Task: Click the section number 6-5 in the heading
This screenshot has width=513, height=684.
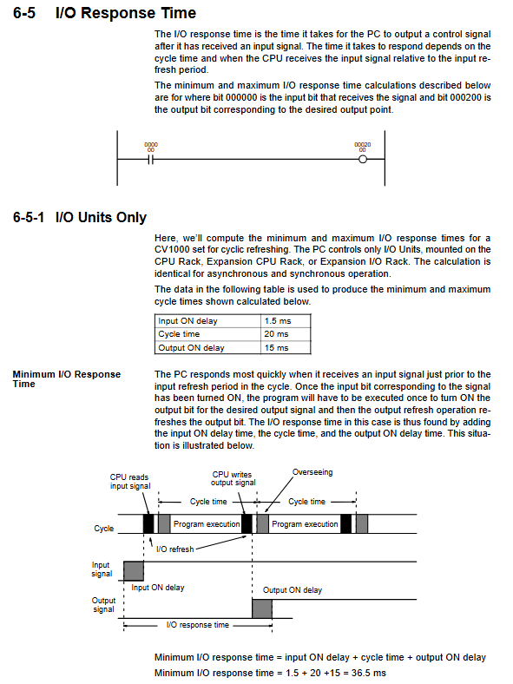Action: [x=24, y=13]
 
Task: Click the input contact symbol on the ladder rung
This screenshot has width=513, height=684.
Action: [x=150, y=160]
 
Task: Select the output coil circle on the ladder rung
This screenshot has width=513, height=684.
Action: [x=363, y=160]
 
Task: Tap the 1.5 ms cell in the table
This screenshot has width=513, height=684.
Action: [x=278, y=321]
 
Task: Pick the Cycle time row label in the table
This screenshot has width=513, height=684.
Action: [x=179, y=334]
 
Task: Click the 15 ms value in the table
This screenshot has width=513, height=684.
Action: [x=276, y=348]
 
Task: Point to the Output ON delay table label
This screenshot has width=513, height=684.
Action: [x=191, y=348]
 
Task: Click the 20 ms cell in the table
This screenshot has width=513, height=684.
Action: [x=276, y=334]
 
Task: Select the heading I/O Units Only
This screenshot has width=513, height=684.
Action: [x=101, y=217]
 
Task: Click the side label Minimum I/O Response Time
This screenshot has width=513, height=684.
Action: [x=66, y=379]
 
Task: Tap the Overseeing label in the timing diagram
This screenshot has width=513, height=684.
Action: [x=312, y=472]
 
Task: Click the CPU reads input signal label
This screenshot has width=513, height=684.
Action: [x=130, y=482]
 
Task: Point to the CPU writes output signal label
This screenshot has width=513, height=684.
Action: [x=233, y=478]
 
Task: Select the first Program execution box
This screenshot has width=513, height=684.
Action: [x=206, y=524]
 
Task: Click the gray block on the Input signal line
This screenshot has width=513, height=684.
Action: [x=134, y=571]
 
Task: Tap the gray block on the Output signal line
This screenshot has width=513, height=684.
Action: [x=262, y=609]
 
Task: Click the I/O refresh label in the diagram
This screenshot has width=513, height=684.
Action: [x=175, y=549]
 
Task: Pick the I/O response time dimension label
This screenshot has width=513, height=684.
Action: [x=198, y=625]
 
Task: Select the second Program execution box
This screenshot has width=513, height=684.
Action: [x=305, y=524]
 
